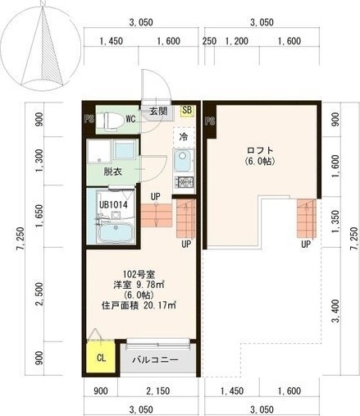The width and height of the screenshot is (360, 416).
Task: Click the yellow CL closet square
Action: point(100,359)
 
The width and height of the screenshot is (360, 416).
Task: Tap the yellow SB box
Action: point(186,111)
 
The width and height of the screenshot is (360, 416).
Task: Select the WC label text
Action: point(130,119)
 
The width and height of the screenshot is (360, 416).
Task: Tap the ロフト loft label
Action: point(260,150)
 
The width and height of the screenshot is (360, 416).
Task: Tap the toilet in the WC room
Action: point(111,120)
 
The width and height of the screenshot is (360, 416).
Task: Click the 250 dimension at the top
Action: point(209,40)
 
